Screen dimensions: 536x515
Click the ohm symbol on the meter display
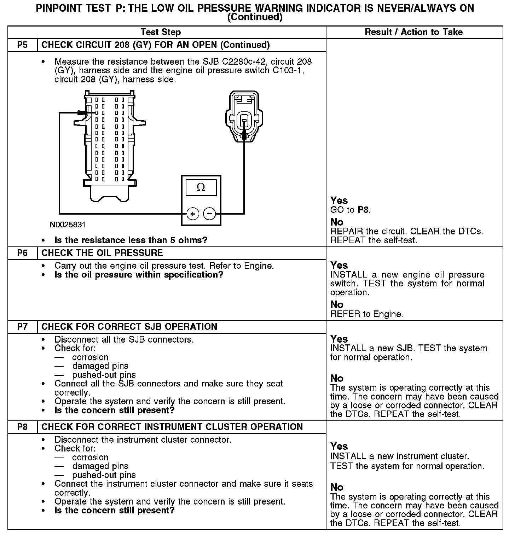201,187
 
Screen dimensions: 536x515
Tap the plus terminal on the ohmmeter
192,214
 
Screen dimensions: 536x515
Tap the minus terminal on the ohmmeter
209,214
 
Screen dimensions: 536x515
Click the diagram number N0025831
68,225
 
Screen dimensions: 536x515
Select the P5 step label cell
22,45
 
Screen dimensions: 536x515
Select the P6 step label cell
22,253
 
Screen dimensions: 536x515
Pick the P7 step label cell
22,327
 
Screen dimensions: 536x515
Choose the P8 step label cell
22,427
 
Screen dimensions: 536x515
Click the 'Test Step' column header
161,32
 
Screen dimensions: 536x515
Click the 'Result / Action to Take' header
413,32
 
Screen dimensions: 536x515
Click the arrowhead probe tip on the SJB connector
83,113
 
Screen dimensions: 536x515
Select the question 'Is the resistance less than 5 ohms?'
131,240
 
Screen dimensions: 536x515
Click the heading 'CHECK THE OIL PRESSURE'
102,253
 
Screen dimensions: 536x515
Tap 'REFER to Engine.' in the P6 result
366,314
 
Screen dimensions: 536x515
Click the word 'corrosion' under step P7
90,357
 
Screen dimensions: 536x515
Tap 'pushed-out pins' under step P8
104,475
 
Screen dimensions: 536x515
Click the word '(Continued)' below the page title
255,17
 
